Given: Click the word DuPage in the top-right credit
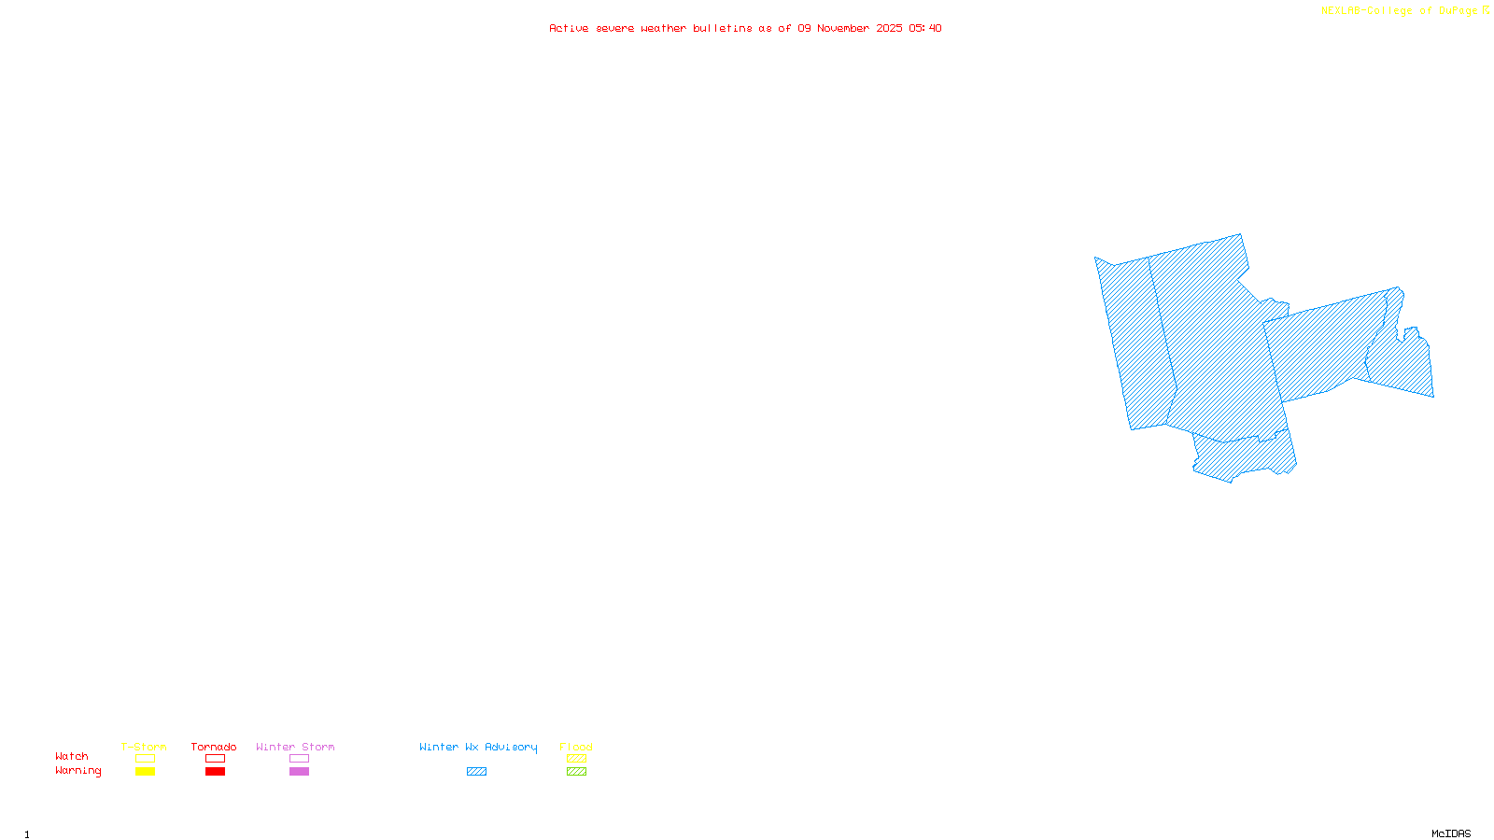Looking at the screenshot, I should click(1458, 11).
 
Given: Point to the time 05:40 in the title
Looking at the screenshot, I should click(924, 28).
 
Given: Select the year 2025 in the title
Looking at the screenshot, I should click(889, 28).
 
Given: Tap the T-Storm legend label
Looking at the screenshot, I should click(144, 747).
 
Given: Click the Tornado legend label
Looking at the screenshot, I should click(214, 747).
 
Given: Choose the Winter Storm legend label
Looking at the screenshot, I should click(295, 747).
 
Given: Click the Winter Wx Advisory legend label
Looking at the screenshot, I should click(478, 747).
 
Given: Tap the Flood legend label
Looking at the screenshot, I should click(576, 747).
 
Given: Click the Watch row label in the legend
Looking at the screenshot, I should click(72, 756).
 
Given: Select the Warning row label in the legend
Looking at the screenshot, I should click(78, 771).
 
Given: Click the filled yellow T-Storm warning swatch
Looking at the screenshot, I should click(145, 772).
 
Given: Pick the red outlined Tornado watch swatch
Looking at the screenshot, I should click(215, 759).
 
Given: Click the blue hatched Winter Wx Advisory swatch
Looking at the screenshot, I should click(476, 772).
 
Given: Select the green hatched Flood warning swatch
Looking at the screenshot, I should click(576, 772).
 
